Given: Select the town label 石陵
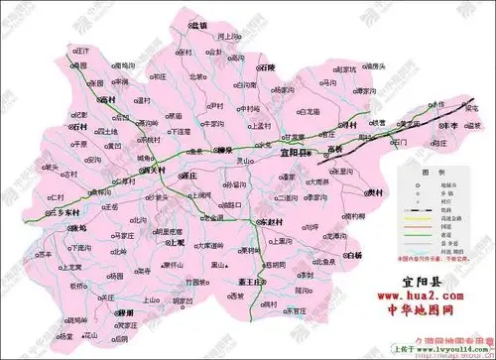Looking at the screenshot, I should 268,68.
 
